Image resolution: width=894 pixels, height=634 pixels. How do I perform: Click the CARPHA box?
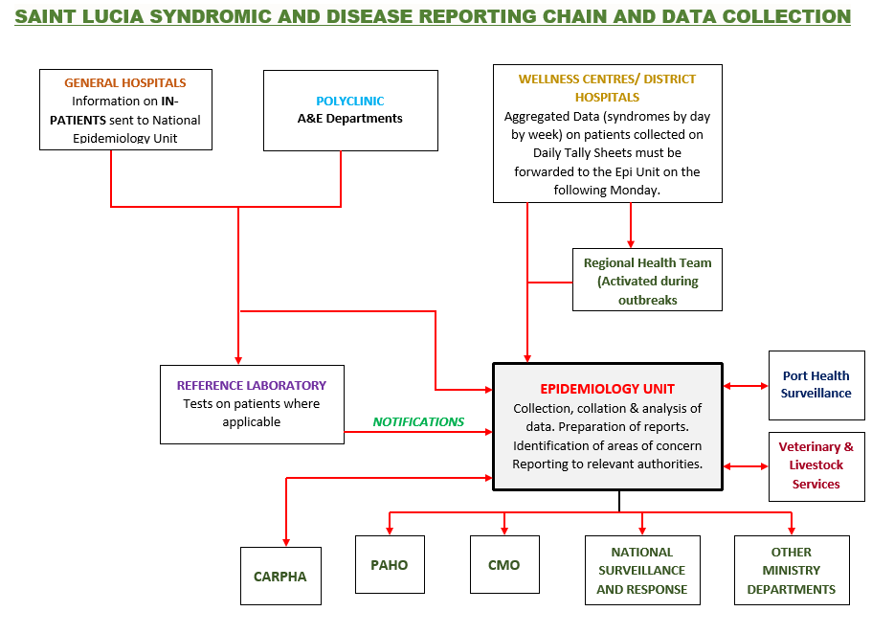point(280,576)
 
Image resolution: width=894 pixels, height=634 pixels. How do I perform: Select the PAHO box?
point(390,565)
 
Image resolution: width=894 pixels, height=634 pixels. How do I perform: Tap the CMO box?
point(503,565)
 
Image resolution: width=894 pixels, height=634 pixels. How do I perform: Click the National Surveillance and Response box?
point(641,571)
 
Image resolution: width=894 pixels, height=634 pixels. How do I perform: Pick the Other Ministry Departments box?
point(791,571)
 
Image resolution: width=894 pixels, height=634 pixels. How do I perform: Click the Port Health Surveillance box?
point(816,385)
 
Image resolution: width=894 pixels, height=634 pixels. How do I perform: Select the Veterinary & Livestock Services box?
point(816,465)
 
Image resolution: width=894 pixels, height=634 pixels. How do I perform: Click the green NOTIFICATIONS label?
point(418,421)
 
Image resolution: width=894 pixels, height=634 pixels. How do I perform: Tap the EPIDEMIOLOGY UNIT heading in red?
point(607,389)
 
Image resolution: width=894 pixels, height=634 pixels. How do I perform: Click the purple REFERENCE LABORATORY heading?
point(251,385)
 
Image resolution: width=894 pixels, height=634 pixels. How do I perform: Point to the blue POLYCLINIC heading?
point(349,101)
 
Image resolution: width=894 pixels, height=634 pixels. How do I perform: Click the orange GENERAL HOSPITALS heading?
point(125,83)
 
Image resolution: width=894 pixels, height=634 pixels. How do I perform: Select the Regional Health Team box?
point(647,281)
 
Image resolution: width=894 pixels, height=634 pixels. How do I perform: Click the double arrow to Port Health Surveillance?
point(746,386)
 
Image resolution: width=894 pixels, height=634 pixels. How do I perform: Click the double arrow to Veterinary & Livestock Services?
point(746,466)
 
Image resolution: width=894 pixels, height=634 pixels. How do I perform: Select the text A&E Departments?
point(349,119)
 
